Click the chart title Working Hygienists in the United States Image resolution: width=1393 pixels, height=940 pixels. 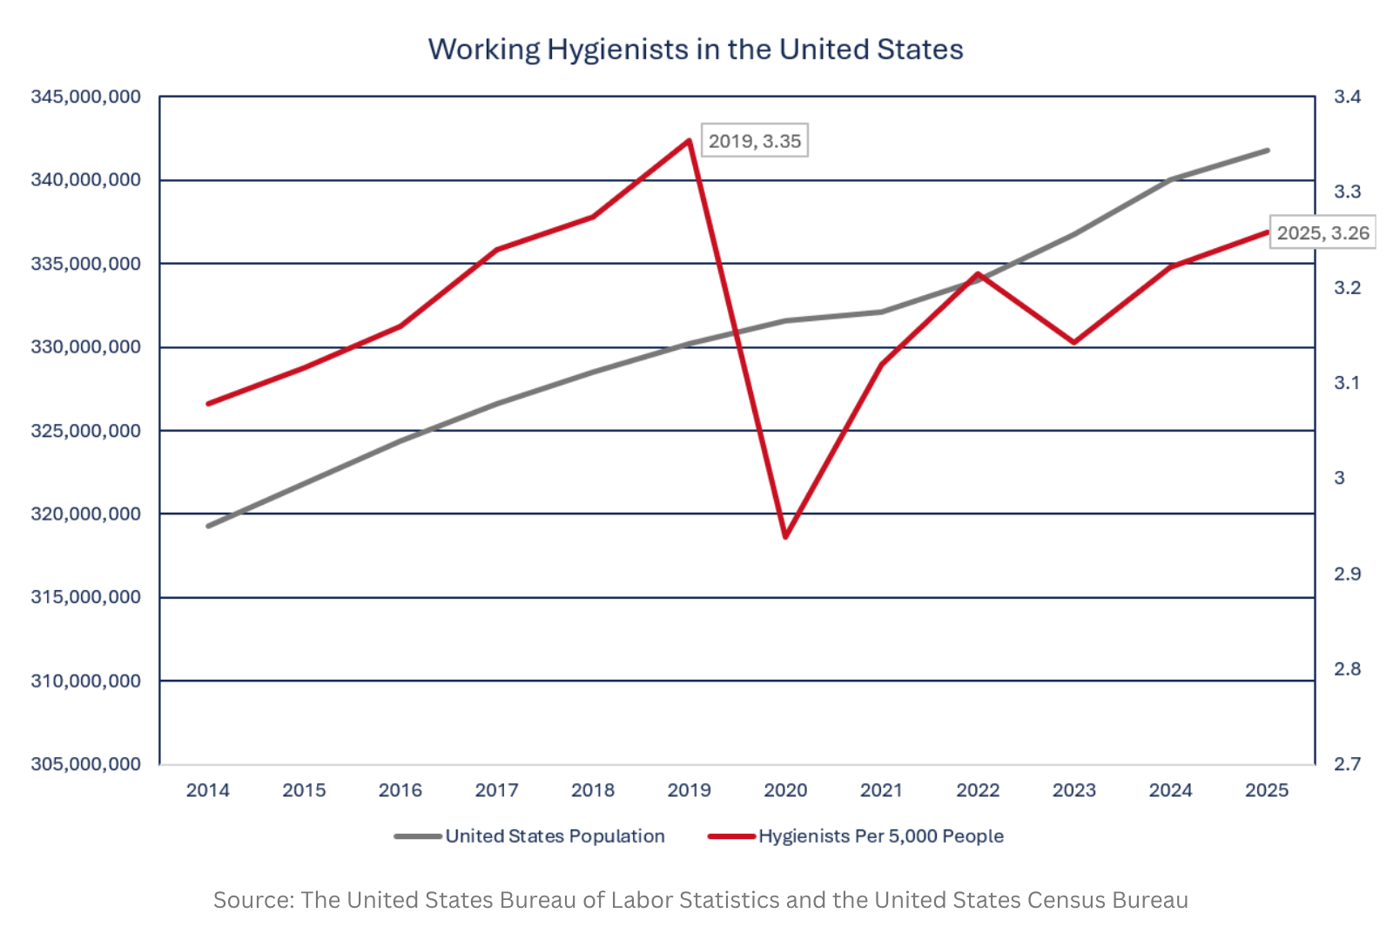pos(696,49)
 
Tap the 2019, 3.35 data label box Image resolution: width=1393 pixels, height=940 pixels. pos(754,140)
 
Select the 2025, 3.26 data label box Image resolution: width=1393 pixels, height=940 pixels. pos(1322,232)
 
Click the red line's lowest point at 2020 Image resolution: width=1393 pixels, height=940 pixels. pos(785,536)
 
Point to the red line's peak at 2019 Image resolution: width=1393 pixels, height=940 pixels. pos(689,140)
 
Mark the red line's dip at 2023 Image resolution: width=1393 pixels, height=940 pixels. pos(1074,342)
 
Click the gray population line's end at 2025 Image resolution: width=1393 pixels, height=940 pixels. pos(1268,151)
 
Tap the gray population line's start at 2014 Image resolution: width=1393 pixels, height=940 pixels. pos(208,526)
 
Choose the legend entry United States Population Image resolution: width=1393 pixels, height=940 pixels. pos(530,836)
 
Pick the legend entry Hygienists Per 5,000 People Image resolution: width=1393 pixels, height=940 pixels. pos(857,836)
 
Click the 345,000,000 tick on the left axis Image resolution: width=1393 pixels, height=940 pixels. pos(86,97)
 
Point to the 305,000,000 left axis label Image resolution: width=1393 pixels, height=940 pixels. pos(86,764)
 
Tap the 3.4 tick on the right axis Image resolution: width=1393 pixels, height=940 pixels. pos(1348,97)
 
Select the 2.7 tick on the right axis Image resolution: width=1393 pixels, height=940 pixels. pos(1348,763)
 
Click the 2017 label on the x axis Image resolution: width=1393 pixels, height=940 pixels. pos(496,790)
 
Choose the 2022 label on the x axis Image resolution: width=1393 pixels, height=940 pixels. pos(978,790)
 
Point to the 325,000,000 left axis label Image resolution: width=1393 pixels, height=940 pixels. pos(86,431)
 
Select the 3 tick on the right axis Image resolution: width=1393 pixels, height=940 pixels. pos(1340,478)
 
